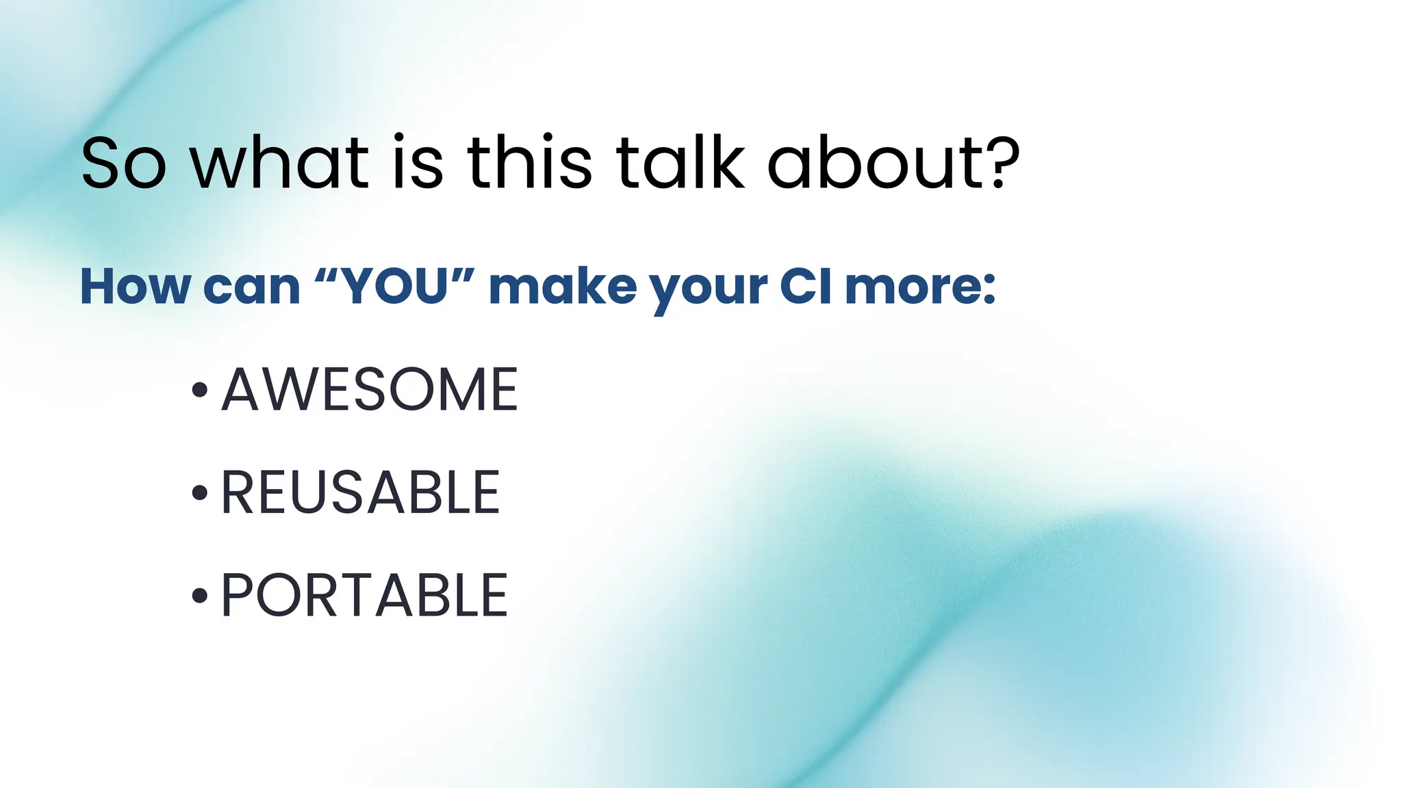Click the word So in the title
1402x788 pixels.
point(123,164)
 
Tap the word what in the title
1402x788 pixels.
point(279,164)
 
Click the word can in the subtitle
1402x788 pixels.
point(252,287)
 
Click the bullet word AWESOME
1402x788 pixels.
point(370,389)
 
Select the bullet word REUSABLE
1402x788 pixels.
point(360,492)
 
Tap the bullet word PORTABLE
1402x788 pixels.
point(364,596)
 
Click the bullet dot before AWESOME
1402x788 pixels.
point(199,390)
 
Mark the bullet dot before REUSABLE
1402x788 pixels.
point(199,492)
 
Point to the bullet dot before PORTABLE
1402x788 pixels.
point(199,596)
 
